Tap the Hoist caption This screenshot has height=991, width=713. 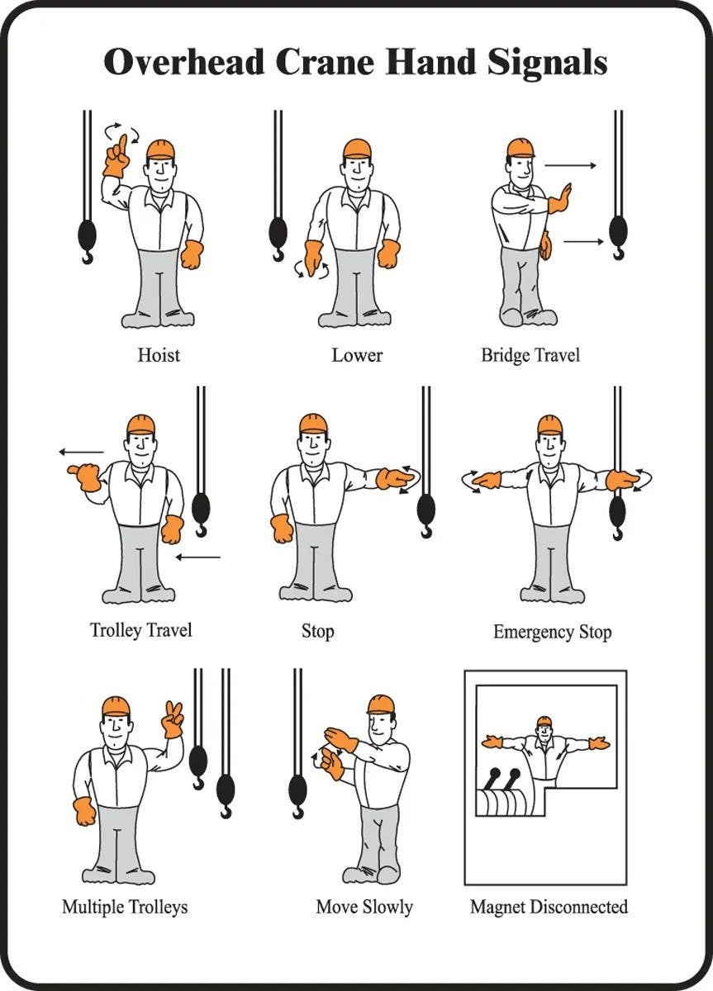[158, 355]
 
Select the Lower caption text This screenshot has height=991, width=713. [357, 355]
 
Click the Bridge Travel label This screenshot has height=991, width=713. [530, 355]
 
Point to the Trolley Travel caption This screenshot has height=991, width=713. [140, 630]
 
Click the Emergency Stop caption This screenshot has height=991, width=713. [552, 633]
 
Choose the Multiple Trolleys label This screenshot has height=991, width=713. [125, 907]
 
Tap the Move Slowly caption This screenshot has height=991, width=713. [364, 907]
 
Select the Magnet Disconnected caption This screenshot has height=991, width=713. [549, 907]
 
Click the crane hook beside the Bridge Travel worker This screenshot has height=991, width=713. [617, 235]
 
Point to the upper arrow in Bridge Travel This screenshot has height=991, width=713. [570, 166]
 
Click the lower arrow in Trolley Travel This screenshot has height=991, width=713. [198, 557]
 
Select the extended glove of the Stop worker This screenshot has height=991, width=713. [394, 478]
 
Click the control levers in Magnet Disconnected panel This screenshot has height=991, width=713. [503, 781]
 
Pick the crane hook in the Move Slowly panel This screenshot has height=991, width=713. [298, 797]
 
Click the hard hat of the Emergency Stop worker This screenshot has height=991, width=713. [549, 424]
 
